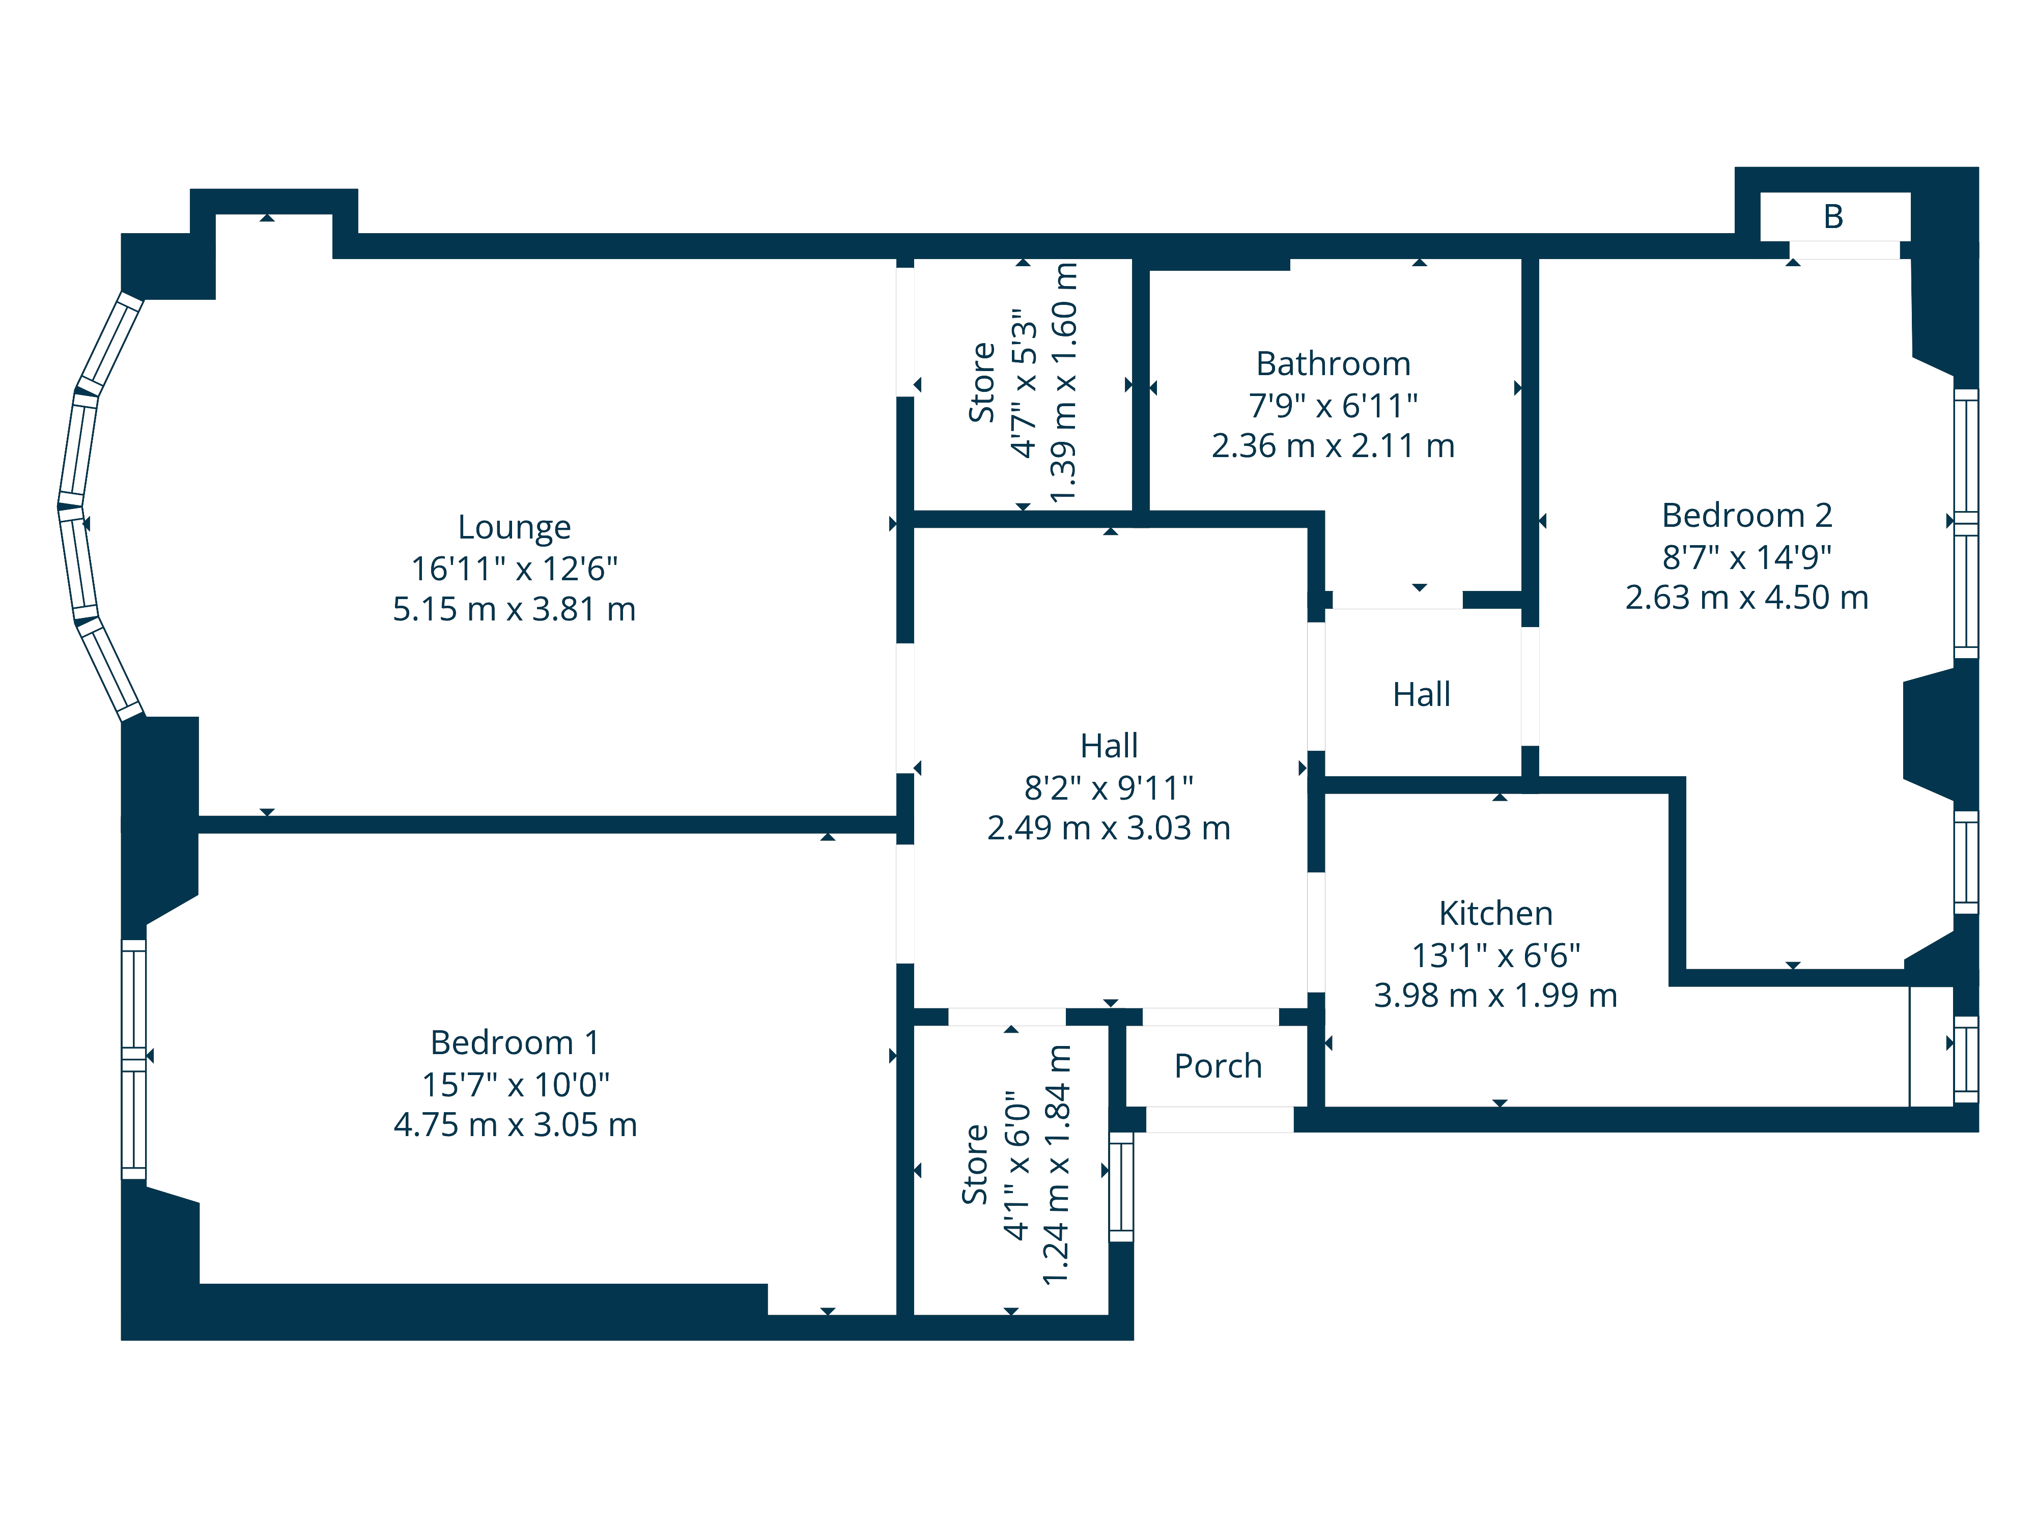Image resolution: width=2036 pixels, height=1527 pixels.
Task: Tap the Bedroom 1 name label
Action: coord(515,1043)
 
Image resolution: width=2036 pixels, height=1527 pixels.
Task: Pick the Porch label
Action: coord(1217,1066)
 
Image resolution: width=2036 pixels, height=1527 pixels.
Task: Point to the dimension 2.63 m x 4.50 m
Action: coord(1746,598)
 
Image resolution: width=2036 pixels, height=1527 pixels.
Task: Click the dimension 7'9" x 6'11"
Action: coord(1333,406)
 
